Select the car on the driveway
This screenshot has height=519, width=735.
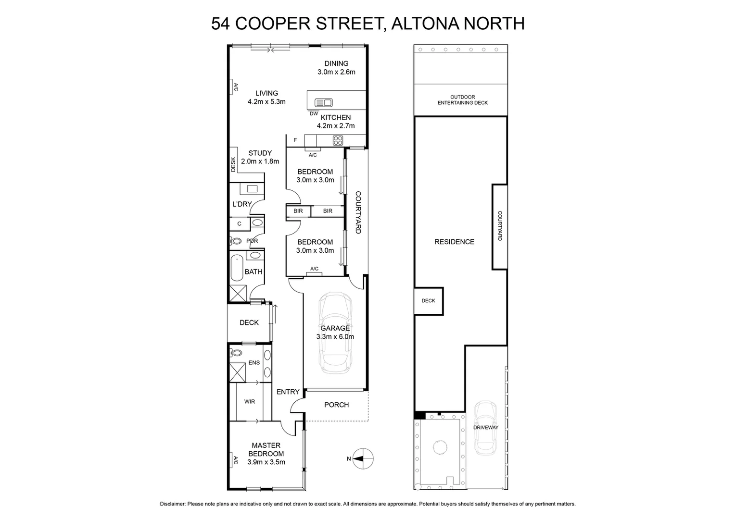tap(485, 428)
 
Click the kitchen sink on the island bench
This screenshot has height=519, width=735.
tap(323, 102)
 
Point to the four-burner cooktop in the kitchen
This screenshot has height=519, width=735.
tap(338, 140)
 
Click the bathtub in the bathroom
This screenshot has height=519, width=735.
tap(237, 269)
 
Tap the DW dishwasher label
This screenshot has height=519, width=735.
tap(314, 114)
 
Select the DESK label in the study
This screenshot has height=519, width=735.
tap(233, 165)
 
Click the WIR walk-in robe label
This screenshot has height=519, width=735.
tap(249, 401)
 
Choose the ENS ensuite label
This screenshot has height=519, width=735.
tap(254, 362)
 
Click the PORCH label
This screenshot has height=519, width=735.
tap(336, 405)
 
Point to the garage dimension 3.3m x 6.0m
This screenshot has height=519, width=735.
tap(335, 337)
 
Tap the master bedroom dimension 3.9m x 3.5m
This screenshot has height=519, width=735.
tap(266, 462)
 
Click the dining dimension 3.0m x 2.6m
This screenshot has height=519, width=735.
tap(336, 72)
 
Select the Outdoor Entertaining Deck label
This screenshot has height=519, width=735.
tap(462, 100)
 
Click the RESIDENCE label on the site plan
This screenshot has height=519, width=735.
tap(454, 242)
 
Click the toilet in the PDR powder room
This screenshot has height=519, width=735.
tap(236, 241)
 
